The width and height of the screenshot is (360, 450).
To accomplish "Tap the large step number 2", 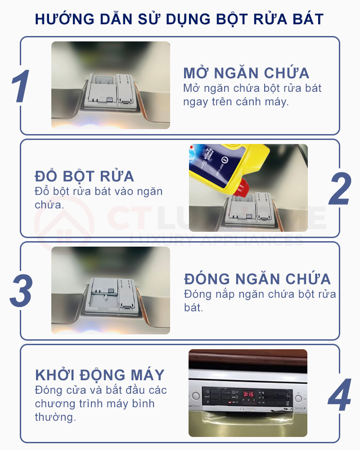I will click(x=339, y=189).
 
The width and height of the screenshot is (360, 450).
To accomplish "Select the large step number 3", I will click(x=21, y=291).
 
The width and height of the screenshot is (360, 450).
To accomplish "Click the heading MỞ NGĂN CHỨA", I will click(x=246, y=73).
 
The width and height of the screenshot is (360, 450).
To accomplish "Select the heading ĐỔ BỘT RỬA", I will click(x=84, y=176).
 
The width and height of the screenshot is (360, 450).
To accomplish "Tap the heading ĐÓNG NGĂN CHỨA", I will click(x=257, y=279).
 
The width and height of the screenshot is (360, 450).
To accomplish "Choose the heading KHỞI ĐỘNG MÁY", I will click(x=100, y=375).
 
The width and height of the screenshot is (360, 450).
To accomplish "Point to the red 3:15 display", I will click(x=249, y=394).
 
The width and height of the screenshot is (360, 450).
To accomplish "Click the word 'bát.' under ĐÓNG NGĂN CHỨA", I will click(x=194, y=309).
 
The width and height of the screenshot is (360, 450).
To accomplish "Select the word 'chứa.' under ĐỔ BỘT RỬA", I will click(x=49, y=205).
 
